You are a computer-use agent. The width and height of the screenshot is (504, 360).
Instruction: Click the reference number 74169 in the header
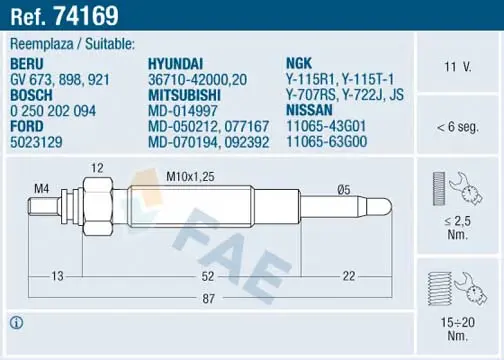(86, 16)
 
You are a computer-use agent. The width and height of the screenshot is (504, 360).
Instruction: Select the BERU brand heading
(27, 64)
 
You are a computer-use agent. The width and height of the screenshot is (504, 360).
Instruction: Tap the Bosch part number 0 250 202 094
(53, 111)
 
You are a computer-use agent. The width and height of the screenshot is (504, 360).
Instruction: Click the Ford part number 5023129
(36, 142)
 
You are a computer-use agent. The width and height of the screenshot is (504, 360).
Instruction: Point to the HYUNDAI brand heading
(175, 64)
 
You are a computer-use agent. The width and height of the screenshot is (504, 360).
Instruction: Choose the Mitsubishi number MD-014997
(183, 111)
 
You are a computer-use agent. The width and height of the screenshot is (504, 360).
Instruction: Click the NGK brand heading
(299, 63)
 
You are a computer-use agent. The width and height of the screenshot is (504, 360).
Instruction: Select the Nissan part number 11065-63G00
(327, 141)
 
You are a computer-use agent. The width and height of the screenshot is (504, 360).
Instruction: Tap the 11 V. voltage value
(458, 67)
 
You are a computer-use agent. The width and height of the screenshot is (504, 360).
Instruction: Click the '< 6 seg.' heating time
(458, 127)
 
